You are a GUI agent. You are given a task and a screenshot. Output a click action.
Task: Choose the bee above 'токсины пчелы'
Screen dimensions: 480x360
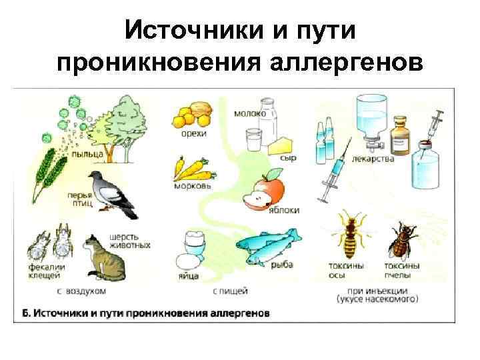pos(403,240)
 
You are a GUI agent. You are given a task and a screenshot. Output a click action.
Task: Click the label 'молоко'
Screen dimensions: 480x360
pos(249,113)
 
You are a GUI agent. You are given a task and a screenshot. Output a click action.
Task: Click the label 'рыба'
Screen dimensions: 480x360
pos(281,265)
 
